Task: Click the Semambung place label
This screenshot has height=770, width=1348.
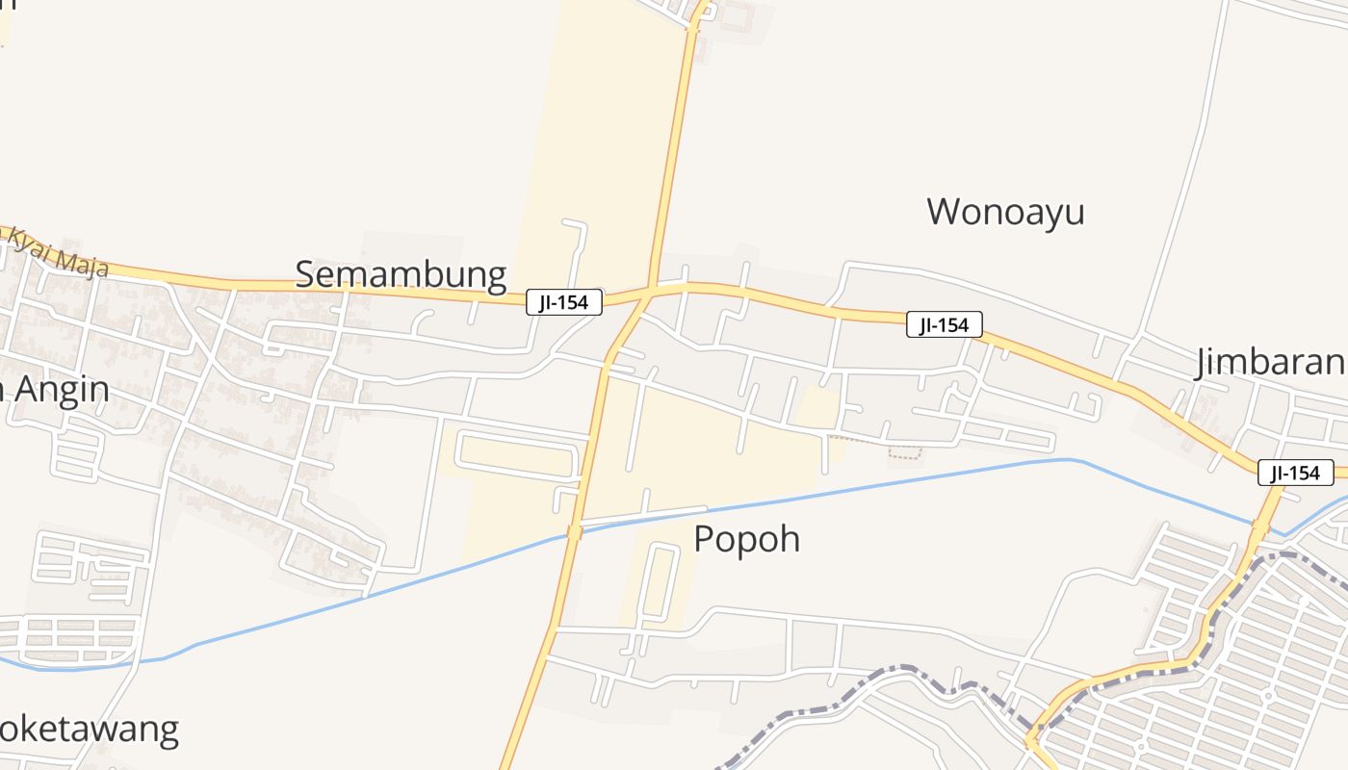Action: [401, 275]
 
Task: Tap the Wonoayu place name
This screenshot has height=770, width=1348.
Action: [1005, 212]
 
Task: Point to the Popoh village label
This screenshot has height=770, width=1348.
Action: [746, 539]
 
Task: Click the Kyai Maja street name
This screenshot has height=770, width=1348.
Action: [58, 252]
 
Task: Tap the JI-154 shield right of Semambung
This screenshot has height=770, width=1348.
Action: [564, 302]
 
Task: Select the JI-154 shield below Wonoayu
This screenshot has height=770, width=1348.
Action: [944, 325]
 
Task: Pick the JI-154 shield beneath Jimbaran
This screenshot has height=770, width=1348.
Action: [1295, 473]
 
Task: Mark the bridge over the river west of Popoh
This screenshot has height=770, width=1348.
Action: [575, 532]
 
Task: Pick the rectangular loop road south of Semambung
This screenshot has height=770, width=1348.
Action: [517, 453]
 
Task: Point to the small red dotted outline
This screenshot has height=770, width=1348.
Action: [904, 452]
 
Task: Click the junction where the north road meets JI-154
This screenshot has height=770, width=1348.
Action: [652, 289]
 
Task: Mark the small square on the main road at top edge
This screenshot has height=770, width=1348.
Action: [693, 29]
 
